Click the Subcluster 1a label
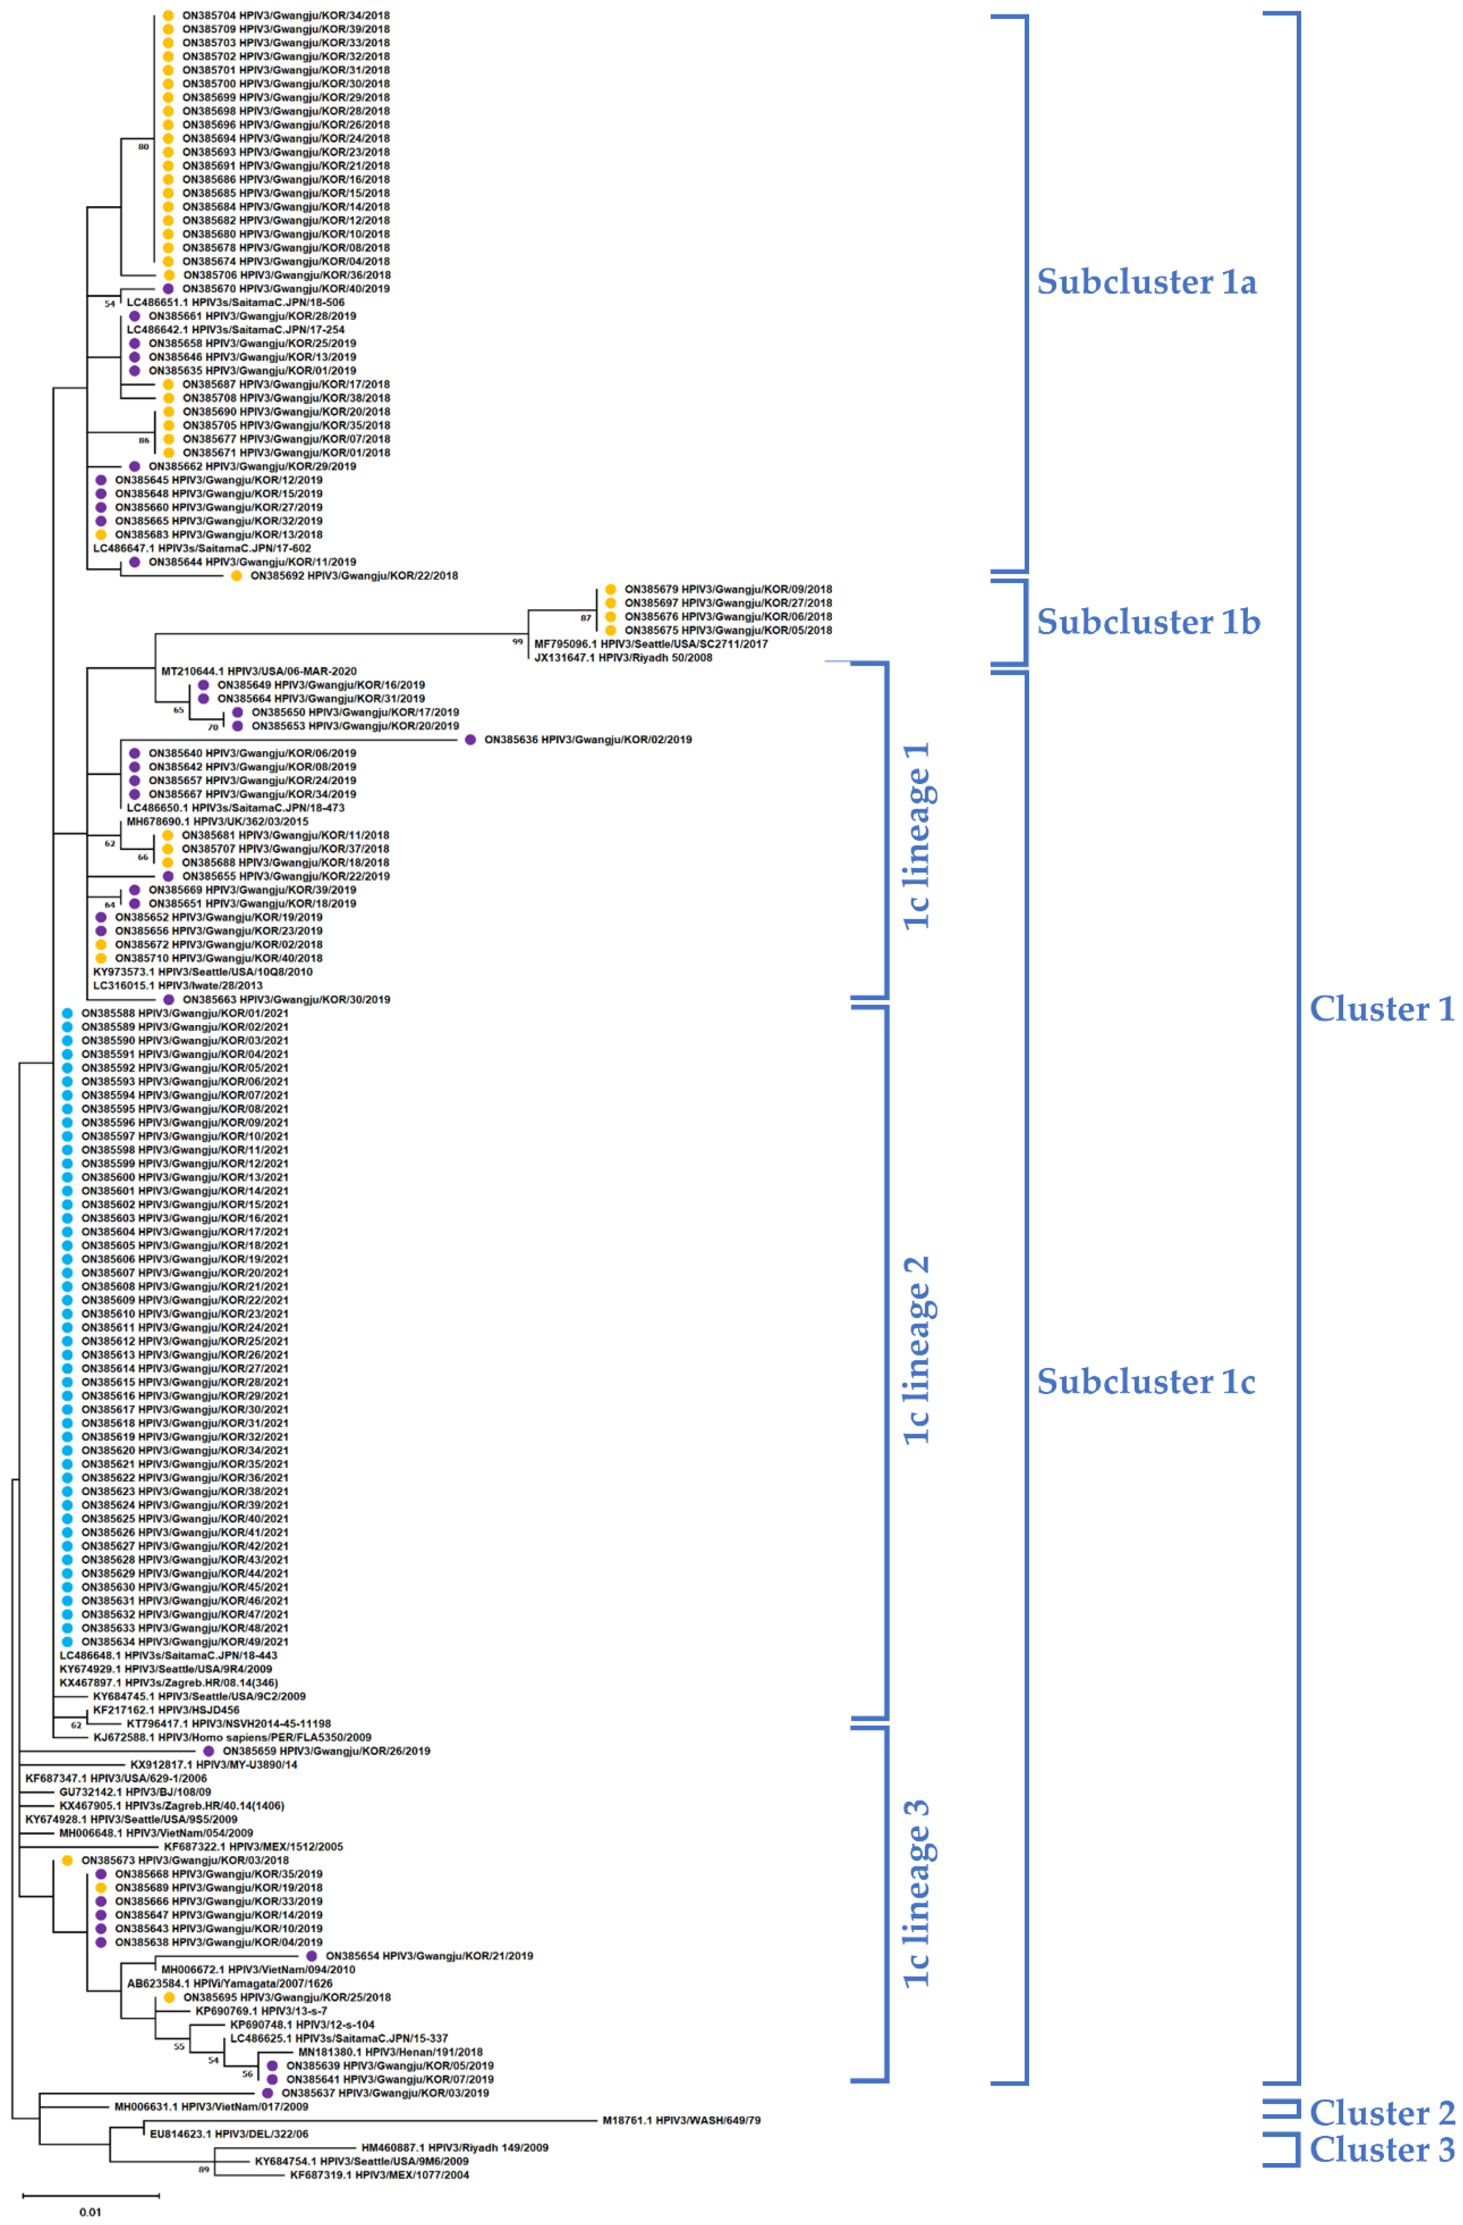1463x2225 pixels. pos(1146,282)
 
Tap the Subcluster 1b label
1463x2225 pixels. pos(1148,622)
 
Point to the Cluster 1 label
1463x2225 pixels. pos(1381,1009)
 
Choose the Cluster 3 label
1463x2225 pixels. pos(1381,2149)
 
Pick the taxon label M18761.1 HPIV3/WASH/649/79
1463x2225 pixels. pos(681,2120)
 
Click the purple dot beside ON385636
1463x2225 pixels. pos(470,739)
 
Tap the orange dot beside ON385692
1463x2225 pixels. pos(237,576)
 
